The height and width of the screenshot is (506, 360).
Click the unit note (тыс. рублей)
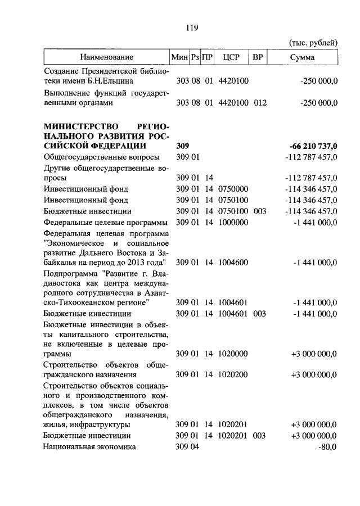pyautogui.click(x=313, y=43)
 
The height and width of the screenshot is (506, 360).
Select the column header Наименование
pyautogui.click(x=106, y=57)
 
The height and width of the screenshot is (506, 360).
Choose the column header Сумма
pyautogui.click(x=303, y=57)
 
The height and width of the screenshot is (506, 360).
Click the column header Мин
pyautogui.click(x=179, y=57)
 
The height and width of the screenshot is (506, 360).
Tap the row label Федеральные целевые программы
pyautogui.click(x=104, y=222)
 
